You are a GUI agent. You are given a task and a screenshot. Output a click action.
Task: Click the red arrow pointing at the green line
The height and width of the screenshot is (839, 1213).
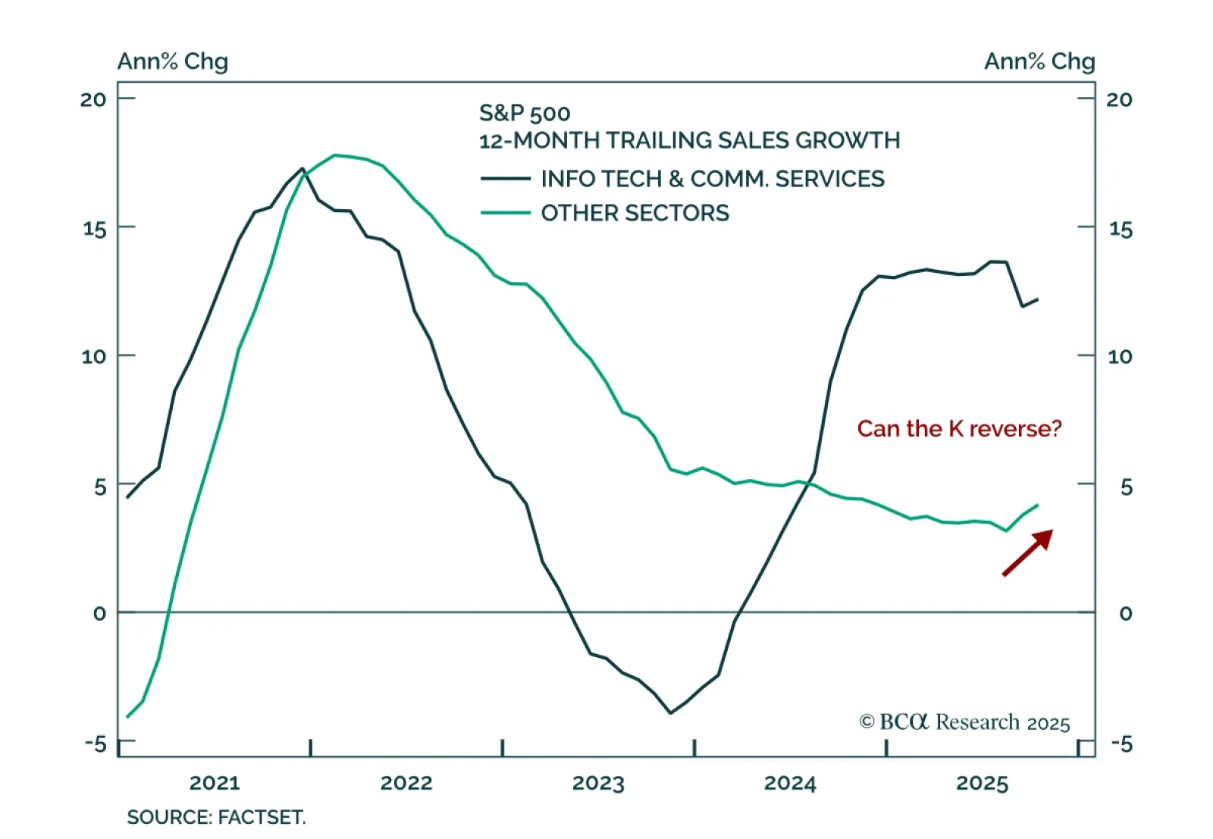tap(1028, 553)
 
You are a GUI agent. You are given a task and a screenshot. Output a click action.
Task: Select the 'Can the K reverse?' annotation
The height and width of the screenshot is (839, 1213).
tap(959, 429)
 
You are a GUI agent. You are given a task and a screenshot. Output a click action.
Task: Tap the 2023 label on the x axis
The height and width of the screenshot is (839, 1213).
tap(598, 783)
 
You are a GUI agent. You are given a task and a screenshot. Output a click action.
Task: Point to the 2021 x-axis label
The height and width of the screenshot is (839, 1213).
tap(215, 783)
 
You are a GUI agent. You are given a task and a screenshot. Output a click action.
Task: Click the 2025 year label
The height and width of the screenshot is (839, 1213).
tap(982, 783)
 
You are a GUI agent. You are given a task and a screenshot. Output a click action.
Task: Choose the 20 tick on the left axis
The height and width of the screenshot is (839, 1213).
tap(93, 99)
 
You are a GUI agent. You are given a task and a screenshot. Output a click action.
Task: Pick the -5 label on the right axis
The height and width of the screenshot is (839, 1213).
tap(1121, 744)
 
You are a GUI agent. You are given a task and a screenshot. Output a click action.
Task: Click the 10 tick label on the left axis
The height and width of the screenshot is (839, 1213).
tap(93, 356)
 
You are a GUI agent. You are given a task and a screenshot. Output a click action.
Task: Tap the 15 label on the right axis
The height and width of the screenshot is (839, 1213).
tap(1121, 229)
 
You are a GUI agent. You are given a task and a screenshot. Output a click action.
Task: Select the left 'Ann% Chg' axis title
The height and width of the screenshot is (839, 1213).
tap(172, 61)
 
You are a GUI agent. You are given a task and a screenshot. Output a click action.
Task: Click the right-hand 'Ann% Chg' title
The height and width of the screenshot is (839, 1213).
tap(1039, 61)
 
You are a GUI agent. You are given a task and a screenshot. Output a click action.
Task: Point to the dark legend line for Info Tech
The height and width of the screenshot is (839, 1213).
tap(506, 179)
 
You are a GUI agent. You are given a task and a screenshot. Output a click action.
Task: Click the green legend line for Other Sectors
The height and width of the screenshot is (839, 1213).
tap(506, 213)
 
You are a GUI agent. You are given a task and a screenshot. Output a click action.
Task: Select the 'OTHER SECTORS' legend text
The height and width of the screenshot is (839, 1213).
tap(635, 213)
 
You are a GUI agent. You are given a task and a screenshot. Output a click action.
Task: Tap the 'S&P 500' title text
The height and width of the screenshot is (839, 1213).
tap(525, 114)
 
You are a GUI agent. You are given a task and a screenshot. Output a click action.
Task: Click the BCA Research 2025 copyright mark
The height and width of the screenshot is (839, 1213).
tap(964, 722)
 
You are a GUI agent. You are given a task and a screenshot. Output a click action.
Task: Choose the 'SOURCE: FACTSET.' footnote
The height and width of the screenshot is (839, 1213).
tap(216, 818)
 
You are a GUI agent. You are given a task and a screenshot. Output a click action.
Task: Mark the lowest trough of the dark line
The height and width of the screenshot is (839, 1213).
tap(670, 712)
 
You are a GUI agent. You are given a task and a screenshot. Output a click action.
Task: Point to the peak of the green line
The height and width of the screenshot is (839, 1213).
tap(336, 155)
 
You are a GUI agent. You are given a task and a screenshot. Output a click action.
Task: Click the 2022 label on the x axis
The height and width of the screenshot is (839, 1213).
tap(406, 783)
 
